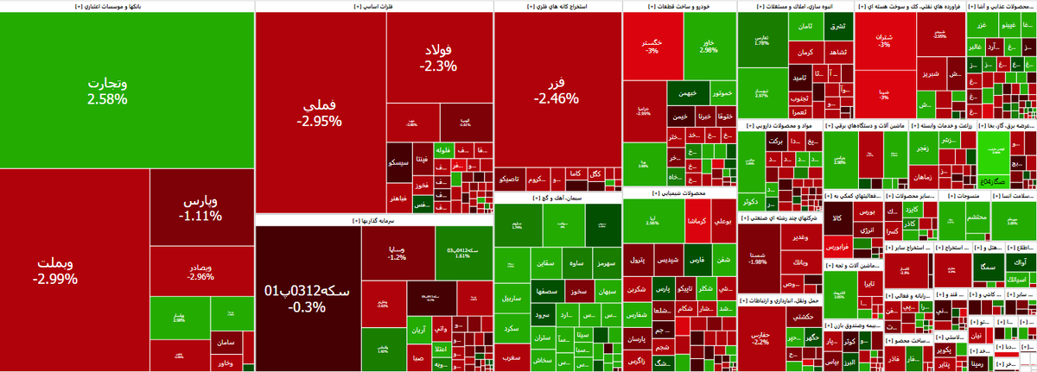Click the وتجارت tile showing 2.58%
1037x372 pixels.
[x=107, y=91]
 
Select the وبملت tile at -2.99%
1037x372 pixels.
[x=55, y=270]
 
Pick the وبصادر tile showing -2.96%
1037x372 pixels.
[x=201, y=272]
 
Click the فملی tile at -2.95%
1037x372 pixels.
[x=320, y=112]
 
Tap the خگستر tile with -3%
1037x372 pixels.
[x=652, y=46]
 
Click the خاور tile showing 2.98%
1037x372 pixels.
[x=709, y=46]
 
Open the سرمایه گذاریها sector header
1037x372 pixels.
[x=373, y=221]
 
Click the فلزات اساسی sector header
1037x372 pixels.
[x=373, y=6]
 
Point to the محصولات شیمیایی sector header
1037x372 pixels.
[x=678, y=193]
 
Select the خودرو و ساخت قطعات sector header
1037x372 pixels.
[x=678, y=6]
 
